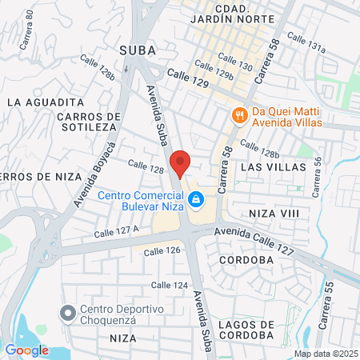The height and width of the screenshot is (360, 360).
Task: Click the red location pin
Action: point(181,163)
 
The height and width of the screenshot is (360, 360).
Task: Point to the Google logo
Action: point(26,350)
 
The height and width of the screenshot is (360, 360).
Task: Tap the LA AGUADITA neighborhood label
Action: point(45,102)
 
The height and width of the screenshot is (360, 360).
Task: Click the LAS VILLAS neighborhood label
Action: point(274,167)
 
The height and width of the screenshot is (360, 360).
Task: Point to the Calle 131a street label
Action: point(306,42)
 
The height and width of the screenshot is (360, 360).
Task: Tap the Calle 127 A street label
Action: point(117,231)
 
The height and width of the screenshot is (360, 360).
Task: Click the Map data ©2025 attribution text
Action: point(323,353)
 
